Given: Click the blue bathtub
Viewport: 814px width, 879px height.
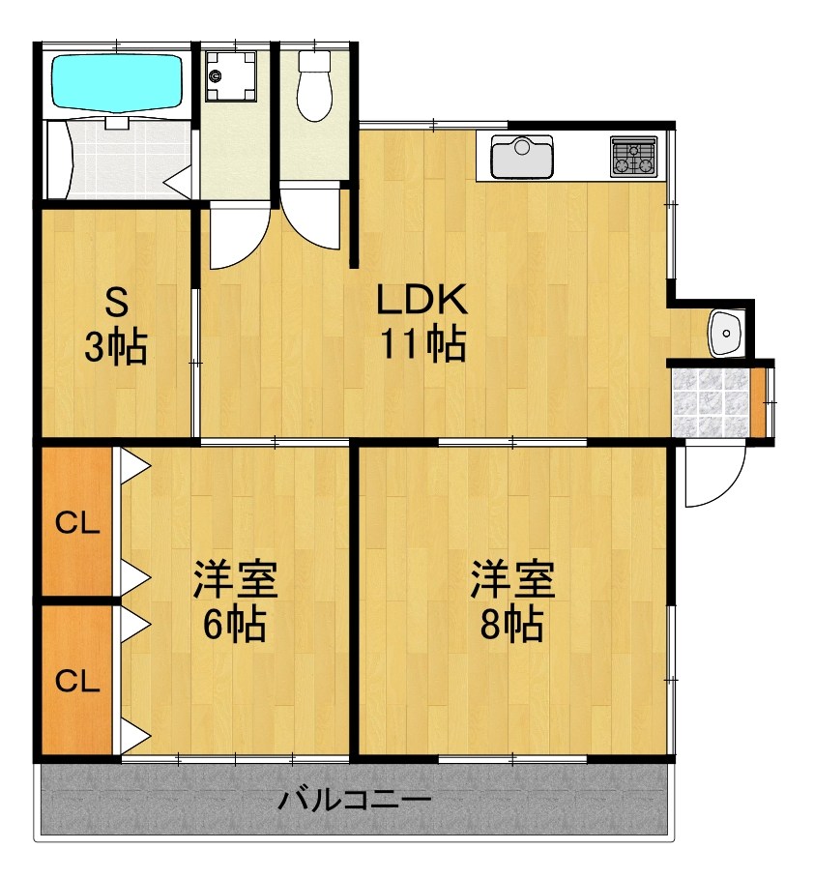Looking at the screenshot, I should pyautogui.click(x=116, y=82).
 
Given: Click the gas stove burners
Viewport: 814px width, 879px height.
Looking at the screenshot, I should pyautogui.click(x=633, y=157).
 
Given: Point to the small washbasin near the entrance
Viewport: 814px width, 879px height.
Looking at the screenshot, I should pyautogui.click(x=723, y=332).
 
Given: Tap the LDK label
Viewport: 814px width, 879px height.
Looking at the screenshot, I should pyautogui.click(x=422, y=301).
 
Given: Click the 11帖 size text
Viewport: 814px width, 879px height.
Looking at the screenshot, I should pyautogui.click(x=422, y=344).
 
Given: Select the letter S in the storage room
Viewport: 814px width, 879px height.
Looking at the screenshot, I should pyautogui.click(x=116, y=304).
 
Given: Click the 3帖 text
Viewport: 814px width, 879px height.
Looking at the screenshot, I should pyautogui.click(x=116, y=346).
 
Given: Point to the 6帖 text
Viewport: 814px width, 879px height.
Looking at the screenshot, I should pyautogui.click(x=235, y=626).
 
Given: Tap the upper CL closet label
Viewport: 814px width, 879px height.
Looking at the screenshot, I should pyautogui.click(x=77, y=524).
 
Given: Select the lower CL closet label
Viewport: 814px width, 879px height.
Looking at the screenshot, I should pyautogui.click(x=77, y=681).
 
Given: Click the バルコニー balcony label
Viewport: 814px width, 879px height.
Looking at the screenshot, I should pyautogui.click(x=355, y=801).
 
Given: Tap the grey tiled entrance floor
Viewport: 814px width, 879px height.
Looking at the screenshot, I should pyautogui.click(x=711, y=398).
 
